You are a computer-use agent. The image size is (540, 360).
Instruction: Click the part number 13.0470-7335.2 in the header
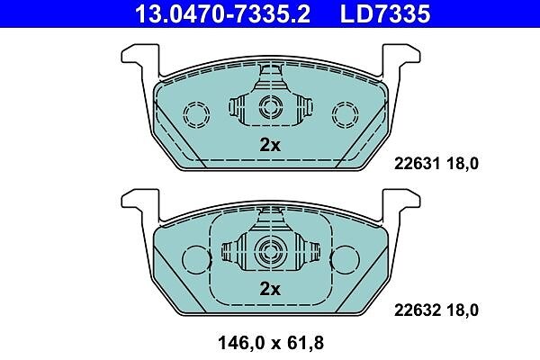pos(223,14)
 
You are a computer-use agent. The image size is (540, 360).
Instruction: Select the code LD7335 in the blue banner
pos(385,14)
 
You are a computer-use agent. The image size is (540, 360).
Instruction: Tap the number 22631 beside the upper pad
pos(417,163)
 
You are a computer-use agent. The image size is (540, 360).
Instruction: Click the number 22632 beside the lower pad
pos(417,310)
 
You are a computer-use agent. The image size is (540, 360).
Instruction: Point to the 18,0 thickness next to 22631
pos(463,164)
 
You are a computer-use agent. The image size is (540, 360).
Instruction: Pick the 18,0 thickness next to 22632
pos(463,310)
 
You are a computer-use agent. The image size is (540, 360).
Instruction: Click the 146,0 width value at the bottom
pos(240,343)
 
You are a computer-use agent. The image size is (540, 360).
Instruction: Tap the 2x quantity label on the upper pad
pos(270,145)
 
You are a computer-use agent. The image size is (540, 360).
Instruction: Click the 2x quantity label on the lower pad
pos(270,289)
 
